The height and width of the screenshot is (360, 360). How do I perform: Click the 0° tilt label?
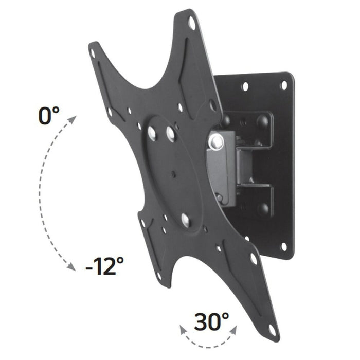coord(49,115)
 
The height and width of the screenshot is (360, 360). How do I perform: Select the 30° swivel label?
coord(211,322)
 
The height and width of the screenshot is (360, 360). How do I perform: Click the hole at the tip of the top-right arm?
coord(192,23)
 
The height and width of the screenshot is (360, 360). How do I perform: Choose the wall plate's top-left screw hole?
coord(245,86)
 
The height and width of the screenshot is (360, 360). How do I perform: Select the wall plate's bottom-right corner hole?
coord(282,246)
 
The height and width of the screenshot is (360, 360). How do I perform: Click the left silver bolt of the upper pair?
coord(152,133)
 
